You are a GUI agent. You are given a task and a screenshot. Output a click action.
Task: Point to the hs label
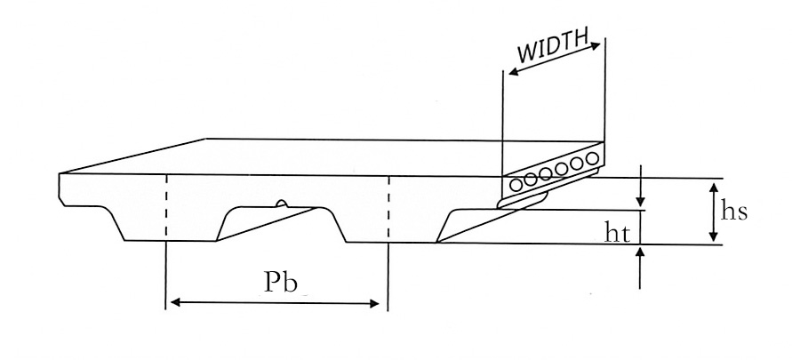pyautogui.click(x=734, y=212)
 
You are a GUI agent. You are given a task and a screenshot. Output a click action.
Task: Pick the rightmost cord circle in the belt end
pyautogui.click(x=591, y=159)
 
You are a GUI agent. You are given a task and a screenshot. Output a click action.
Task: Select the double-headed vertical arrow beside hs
pyautogui.click(x=712, y=211)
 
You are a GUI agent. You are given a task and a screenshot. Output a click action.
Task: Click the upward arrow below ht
pyautogui.click(x=640, y=263)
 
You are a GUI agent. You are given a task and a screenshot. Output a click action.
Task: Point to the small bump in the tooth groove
pyautogui.click(x=281, y=204)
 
